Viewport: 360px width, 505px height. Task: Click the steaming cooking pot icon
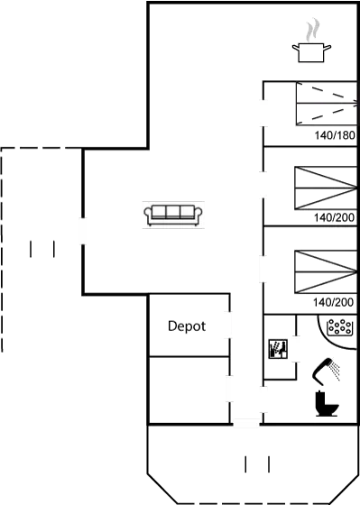(x=312, y=50)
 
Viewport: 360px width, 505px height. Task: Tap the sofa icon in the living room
(x=173, y=214)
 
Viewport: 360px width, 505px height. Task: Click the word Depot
(x=188, y=326)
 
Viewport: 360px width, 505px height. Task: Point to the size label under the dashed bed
(x=333, y=136)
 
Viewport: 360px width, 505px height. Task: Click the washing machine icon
(x=277, y=347)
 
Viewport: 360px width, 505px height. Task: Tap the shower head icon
(x=327, y=368)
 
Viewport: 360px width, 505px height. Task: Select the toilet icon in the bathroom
(x=326, y=403)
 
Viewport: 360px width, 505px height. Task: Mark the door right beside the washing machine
(x=294, y=347)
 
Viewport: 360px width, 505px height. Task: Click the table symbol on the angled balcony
(x=257, y=464)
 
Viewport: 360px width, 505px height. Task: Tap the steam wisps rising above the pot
(x=312, y=30)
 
